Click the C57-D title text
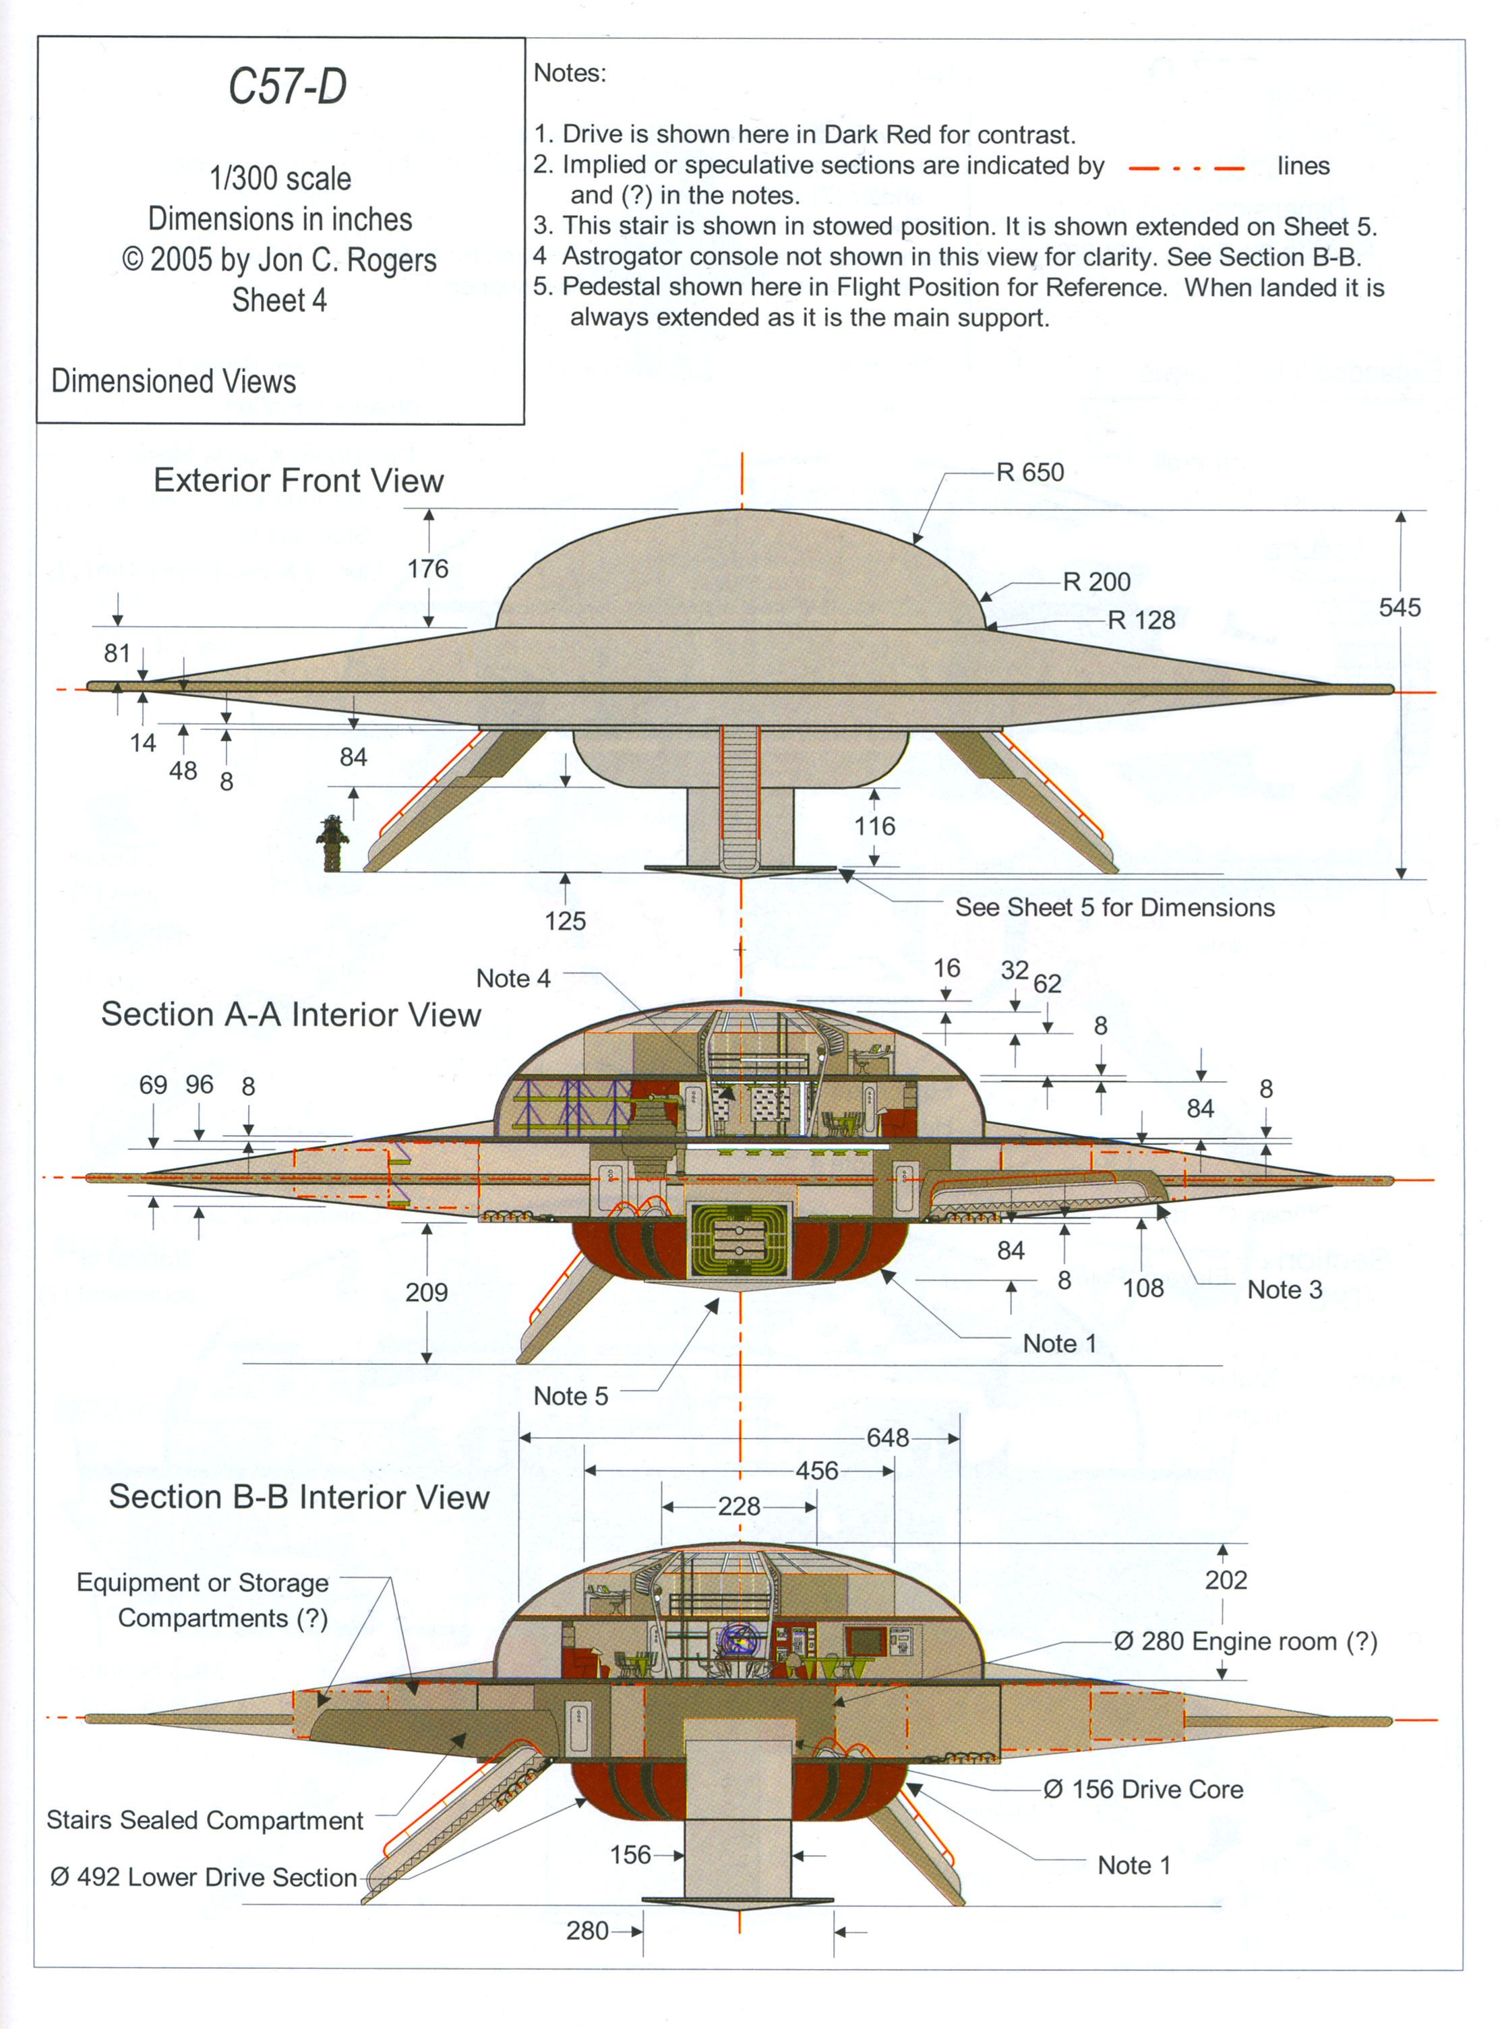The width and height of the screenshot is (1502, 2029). click(x=287, y=87)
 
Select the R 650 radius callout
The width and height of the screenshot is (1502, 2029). click(x=1029, y=473)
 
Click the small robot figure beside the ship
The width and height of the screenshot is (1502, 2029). click(x=332, y=843)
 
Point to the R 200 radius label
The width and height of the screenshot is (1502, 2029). click(x=1096, y=582)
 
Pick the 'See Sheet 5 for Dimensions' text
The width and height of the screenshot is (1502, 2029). click(x=1114, y=907)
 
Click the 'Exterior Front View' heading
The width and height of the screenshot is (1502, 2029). click(x=298, y=480)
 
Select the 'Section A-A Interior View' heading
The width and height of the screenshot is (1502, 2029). click(x=291, y=1014)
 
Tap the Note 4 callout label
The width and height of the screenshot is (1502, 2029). click(x=513, y=978)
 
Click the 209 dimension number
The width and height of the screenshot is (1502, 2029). click(x=427, y=1292)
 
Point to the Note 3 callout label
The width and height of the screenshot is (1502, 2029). click(x=1284, y=1289)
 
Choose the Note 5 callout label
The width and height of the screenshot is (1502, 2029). click(x=570, y=1395)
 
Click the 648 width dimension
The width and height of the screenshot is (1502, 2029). click(x=887, y=1437)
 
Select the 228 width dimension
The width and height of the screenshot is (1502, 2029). click(x=738, y=1507)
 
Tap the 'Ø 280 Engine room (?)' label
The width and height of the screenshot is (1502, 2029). click(x=1246, y=1641)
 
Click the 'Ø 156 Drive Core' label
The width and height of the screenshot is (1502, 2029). click(x=1143, y=1789)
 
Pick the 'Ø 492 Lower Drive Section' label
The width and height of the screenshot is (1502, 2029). click(x=204, y=1877)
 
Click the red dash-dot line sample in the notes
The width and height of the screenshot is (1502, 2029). click(x=1186, y=168)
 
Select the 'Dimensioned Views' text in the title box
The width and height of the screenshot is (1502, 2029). click(x=174, y=381)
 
